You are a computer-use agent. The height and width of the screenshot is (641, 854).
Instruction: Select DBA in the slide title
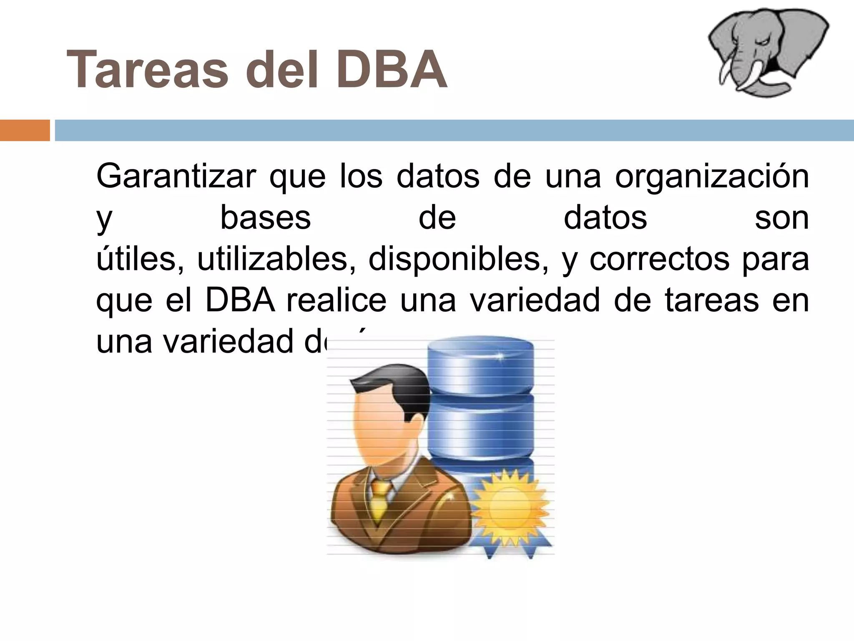(x=391, y=70)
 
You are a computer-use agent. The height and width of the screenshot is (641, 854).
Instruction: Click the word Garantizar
(x=176, y=177)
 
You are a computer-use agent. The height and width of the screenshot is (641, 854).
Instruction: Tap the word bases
(x=265, y=218)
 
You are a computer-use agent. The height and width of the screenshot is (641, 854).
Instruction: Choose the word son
(x=781, y=218)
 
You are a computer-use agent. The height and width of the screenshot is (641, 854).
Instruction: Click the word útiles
(x=140, y=259)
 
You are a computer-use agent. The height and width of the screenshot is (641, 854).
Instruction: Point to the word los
(x=361, y=177)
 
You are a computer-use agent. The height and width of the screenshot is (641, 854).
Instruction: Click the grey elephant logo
(x=768, y=52)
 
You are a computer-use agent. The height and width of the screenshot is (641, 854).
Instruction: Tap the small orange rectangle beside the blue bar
(x=25, y=130)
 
